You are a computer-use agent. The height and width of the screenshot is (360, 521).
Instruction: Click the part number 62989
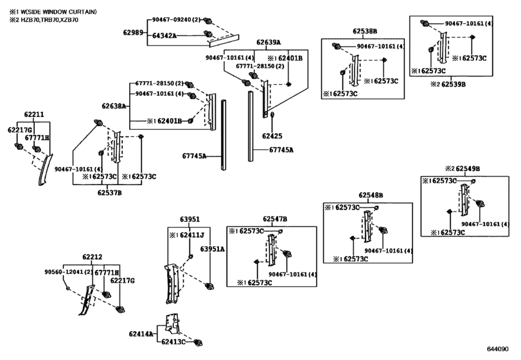click(133, 32)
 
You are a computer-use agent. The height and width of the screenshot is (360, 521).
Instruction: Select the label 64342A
click(164, 35)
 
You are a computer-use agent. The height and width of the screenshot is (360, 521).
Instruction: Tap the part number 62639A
click(269, 42)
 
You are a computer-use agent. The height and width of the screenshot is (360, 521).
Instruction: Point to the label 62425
click(272, 136)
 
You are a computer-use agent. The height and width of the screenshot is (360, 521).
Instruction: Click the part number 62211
click(34, 114)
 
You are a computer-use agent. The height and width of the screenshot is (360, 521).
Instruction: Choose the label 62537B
click(110, 192)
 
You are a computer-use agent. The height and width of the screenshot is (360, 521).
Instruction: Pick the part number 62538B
click(365, 32)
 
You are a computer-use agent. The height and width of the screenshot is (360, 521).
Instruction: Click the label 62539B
click(454, 84)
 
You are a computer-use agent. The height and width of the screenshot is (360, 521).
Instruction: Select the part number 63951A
click(213, 249)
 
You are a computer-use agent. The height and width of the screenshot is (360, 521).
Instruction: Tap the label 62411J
click(192, 235)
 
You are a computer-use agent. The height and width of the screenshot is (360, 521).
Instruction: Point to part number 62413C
click(173, 341)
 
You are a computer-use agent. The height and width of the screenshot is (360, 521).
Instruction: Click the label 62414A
click(141, 334)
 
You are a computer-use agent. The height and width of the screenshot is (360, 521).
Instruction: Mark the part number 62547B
click(275, 219)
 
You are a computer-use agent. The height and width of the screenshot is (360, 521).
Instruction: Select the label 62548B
click(371, 195)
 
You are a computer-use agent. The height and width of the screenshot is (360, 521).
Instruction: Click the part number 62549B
click(468, 169)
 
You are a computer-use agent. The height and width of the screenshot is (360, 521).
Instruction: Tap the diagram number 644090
click(498, 349)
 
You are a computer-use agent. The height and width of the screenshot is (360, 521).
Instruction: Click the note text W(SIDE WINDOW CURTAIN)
click(57, 12)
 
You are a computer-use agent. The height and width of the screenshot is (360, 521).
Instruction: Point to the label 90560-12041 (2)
click(69, 271)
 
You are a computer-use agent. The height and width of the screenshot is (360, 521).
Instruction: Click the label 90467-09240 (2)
click(177, 20)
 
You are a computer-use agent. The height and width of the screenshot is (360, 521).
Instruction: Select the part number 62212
click(93, 257)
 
